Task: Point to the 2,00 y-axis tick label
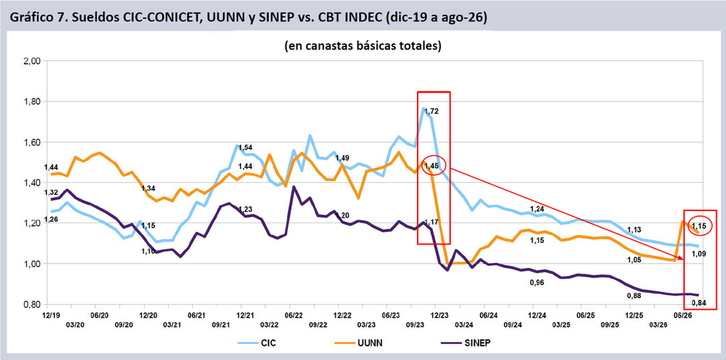coord(33,61)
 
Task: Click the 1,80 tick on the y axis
coord(33,102)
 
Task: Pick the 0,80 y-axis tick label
coord(33,305)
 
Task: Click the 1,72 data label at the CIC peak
coord(431,111)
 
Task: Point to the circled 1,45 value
coord(434,165)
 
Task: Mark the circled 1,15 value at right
coord(700,225)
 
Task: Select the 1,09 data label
coord(700,254)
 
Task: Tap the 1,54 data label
coord(246,147)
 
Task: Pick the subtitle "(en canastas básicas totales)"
coord(362,46)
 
